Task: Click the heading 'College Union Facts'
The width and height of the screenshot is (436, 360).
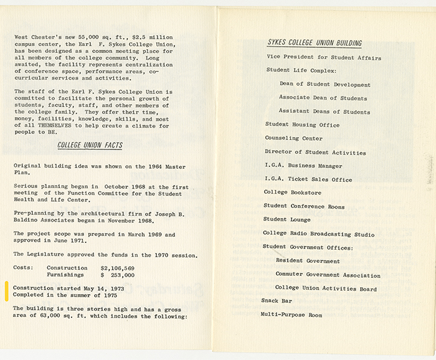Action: [90, 146]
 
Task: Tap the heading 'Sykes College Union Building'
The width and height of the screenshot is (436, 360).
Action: [315, 43]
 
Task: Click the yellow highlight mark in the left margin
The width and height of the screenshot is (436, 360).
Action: [7, 291]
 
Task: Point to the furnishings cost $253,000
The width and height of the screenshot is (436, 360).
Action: [118, 274]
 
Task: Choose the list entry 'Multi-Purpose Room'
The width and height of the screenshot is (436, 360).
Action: [292, 315]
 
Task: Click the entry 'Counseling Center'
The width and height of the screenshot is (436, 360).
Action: [294, 138]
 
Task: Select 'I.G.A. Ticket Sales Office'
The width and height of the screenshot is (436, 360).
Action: [308, 179]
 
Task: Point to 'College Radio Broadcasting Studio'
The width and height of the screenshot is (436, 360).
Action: [319, 234]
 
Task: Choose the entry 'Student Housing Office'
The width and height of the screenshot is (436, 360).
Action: [303, 125]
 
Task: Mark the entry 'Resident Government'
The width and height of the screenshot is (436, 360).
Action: [308, 261]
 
